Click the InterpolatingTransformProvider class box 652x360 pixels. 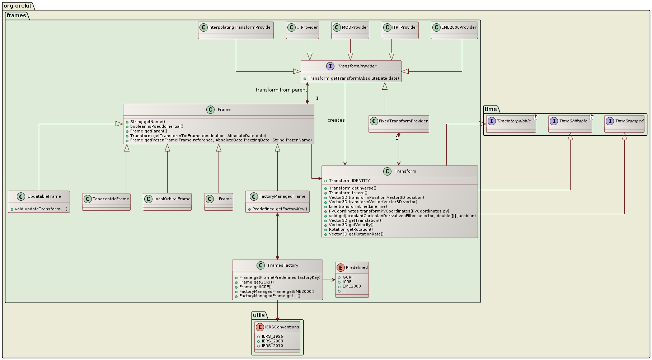pos(236,30)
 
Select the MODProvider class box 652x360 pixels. pos(350,30)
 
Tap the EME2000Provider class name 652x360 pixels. pos(459,27)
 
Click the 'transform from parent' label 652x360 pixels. pos(281,90)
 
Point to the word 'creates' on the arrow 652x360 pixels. pos(336,120)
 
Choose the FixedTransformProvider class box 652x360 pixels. pos(399,124)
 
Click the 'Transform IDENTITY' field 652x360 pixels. pos(349,181)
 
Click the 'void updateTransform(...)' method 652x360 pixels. pos(41,209)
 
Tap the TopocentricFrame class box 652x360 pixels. pos(106,202)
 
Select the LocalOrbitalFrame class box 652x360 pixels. pos(167,202)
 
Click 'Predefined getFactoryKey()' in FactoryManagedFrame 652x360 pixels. pos(280,209)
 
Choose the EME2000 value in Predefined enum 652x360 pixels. pos(352,286)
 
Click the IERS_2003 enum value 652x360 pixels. pos(272,341)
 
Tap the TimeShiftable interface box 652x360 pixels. pos(570,124)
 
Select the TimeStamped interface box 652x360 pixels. pos(624,124)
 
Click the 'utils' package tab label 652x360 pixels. pos(259,315)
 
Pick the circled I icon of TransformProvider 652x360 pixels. pos(330,66)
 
